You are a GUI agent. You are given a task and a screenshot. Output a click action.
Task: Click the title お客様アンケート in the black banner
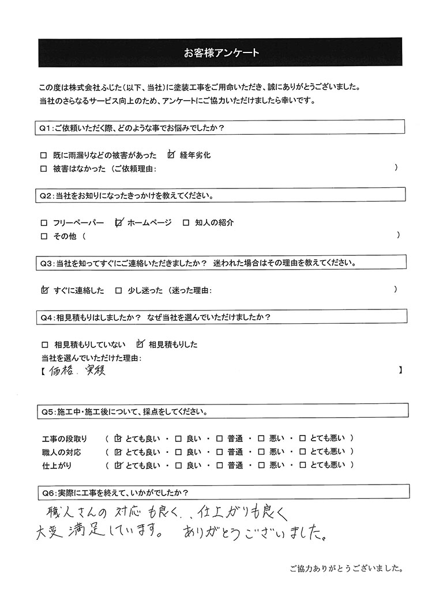(x=221, y=53)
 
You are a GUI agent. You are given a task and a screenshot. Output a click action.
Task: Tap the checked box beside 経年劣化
(x=171, y=155)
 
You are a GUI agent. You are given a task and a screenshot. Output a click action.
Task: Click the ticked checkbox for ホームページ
(x=119, y=222)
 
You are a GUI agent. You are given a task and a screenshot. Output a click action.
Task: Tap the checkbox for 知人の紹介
(x=186, y=223)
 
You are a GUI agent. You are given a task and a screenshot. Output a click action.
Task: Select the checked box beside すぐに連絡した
(x=45, y=290)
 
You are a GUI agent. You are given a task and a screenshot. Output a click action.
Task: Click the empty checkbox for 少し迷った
(x=118, y=291)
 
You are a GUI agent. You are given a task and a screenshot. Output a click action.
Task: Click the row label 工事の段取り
(x=64, y=438)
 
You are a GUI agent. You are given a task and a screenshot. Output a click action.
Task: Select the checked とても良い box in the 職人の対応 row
(x=119, y=451)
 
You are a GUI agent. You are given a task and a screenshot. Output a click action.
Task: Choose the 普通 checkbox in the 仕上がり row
(x=219, y=465)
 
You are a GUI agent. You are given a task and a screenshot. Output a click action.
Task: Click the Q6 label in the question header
(x=48, y=492)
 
